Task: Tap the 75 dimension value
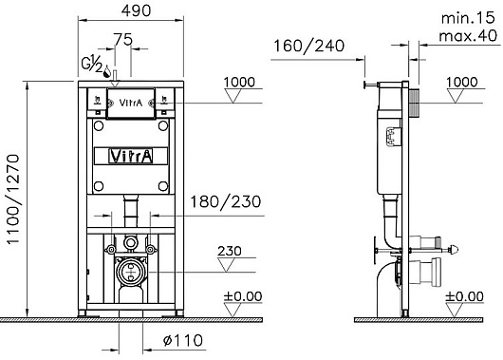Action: pos(123,40)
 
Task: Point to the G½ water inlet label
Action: pos(92,64)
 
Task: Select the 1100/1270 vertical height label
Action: pos(13,199)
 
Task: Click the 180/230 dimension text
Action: pos(226,202)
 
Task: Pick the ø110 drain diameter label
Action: pos(183,340)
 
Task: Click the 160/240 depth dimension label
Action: pos(309,46)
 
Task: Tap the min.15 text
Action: pos(468,18)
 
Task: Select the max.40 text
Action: pos(468,36)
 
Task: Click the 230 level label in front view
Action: pos(230,251)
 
